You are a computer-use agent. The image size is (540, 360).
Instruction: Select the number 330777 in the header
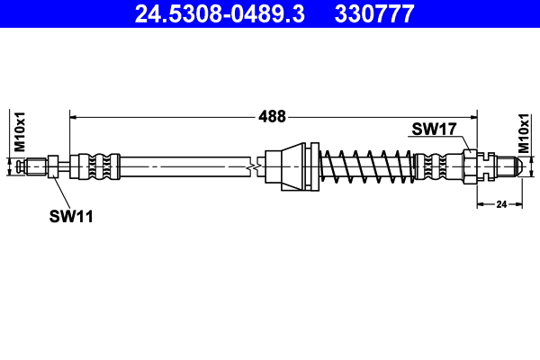[x=374, y=13]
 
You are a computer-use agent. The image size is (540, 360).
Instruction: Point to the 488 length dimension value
[x=272, y=116]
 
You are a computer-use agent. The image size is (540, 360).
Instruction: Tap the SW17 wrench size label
[x=435, y=130]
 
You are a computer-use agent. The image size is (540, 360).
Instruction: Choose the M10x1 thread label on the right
[x=524, y=133]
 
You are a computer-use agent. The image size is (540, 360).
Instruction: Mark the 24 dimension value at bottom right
[x=501, y=205]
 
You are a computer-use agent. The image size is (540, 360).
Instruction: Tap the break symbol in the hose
[x=256, y=166]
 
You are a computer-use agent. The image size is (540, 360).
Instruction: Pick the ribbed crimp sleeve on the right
[x=441, y=166]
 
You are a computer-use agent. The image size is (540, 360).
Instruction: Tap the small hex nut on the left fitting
[x=54, y=166]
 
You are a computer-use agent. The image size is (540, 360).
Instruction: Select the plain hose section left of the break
[x=180, y=166]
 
